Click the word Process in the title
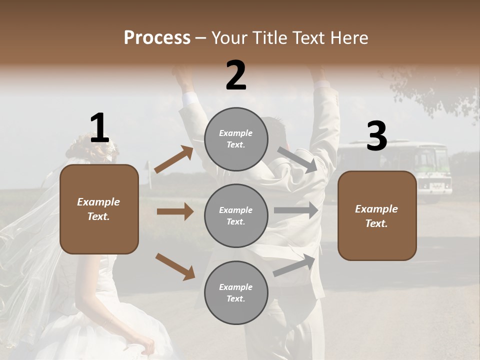[x=157, y=38]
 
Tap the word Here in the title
[x=346, y=38]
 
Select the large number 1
[x=99, y=128]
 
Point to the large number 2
[x=236, y=75]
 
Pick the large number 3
[x=376, y=136]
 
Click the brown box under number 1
[x=99, y=209]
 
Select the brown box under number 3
[x=377, y=215]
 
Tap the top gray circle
[x=236, y=139]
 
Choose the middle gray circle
[x=236, y=215]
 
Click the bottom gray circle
[x=236, y=292]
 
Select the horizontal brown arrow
[x=175, y=211]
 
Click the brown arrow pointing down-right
[x=175, y=266]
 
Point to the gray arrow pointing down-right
[x=297, y=159]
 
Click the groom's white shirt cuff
[x=190, y=98]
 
